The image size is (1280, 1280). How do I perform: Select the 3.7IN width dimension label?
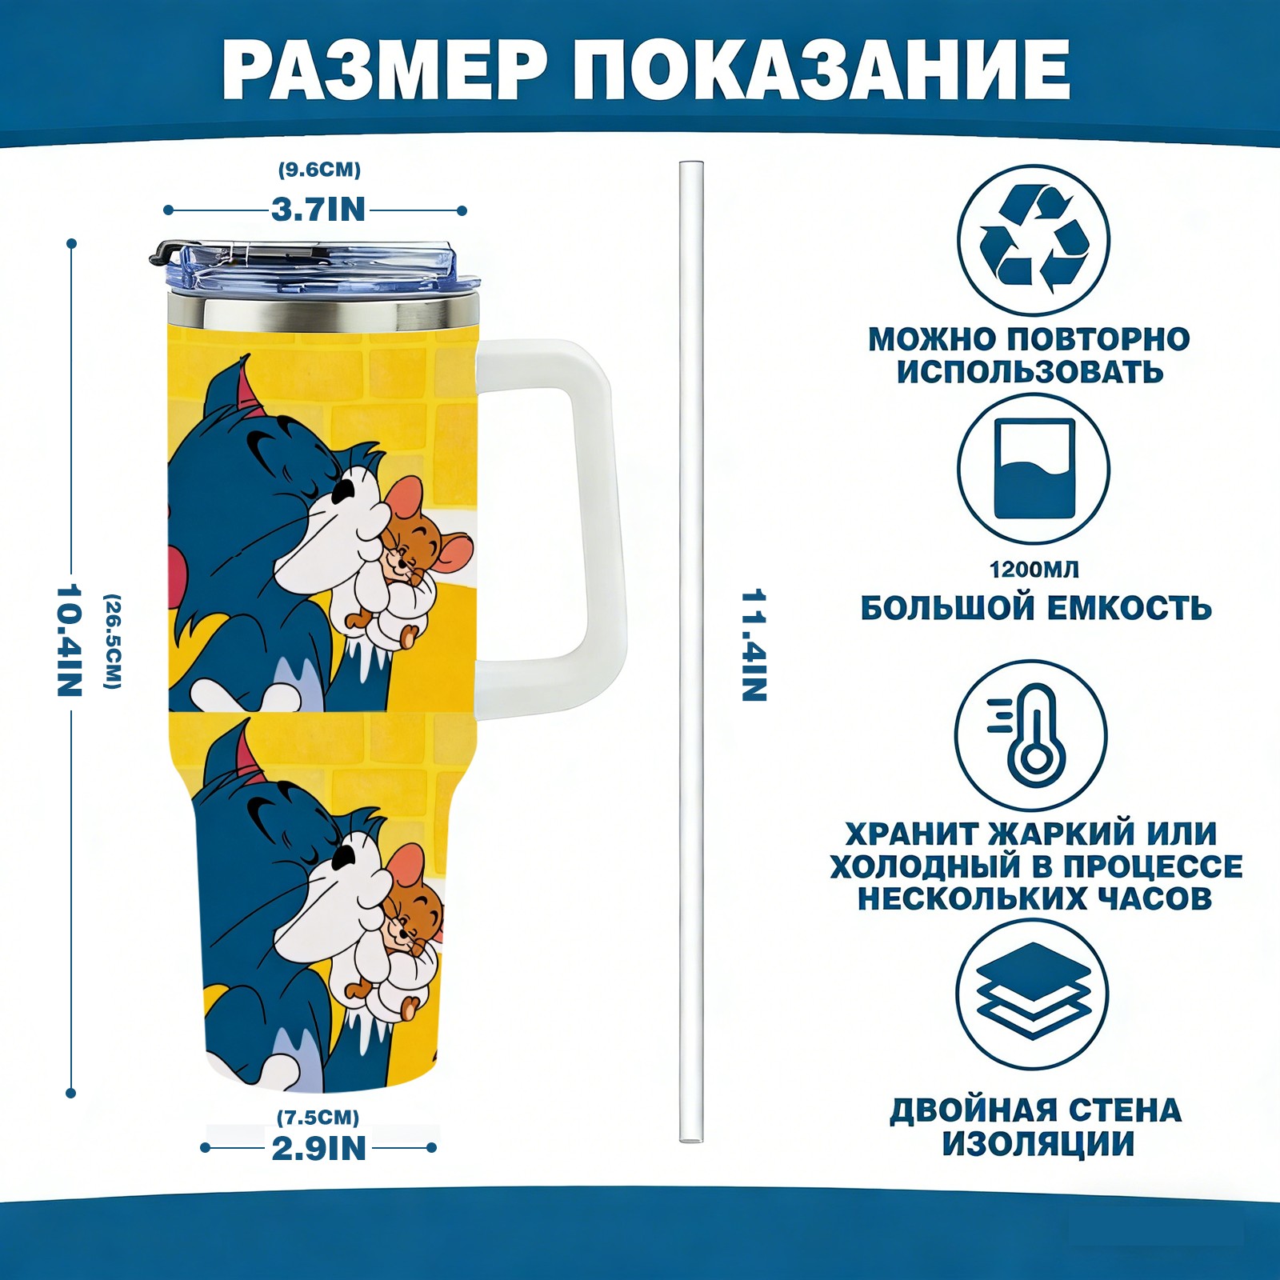coord(318,210)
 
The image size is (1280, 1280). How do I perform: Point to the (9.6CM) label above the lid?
coord(319,170)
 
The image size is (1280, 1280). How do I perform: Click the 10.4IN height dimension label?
coord(70,640)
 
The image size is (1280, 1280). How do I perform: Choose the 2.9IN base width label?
coord(319,1149)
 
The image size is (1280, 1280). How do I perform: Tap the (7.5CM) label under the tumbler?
coord(318,1117)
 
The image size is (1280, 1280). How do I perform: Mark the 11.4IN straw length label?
coord(754,646)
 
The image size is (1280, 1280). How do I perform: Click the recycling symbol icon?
coord(1034,239)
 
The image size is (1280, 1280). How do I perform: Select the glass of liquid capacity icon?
coord(1034,469)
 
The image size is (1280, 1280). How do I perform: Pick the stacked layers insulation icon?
coord(1034,992)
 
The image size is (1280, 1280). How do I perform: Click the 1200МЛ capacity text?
coord(1034,570)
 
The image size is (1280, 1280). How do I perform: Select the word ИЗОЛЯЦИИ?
coord(1038,1144)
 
